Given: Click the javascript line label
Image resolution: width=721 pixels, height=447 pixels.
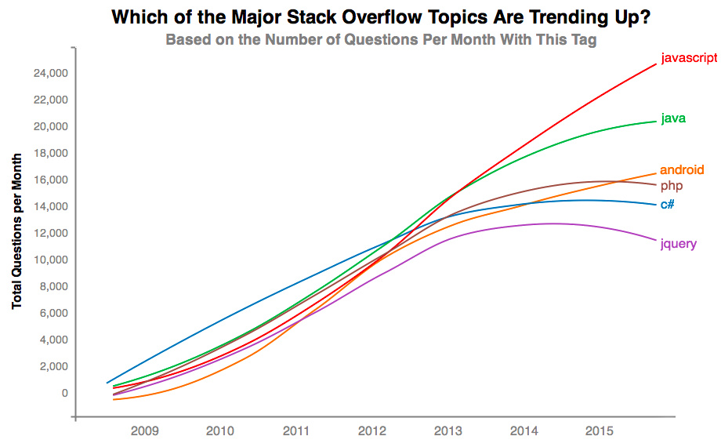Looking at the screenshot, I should tap(688, 58).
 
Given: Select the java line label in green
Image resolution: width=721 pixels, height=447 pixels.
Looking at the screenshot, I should tap(674, 118).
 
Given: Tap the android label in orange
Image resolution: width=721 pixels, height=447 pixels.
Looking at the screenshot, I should tap(682, 169).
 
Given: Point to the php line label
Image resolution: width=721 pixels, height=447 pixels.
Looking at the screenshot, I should tap(671, 186).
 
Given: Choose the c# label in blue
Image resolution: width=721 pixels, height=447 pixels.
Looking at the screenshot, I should tap(668, 205).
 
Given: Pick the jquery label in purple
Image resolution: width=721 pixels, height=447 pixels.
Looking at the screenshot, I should tap(678, 244).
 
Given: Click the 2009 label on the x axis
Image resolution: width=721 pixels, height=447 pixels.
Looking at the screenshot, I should tap(144, 431).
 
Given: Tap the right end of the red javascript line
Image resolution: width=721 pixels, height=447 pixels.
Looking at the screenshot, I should tap(655, 64).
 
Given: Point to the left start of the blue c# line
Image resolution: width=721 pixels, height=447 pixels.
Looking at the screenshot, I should tap(107, 383).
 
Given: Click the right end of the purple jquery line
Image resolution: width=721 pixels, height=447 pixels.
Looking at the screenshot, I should tap(655, 240).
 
